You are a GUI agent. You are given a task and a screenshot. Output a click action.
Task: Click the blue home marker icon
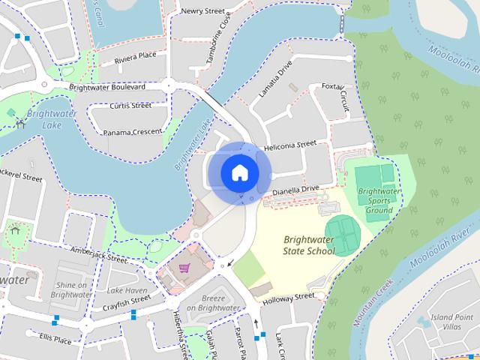[240, 172]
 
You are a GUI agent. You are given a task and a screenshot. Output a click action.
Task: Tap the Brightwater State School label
[309, 245]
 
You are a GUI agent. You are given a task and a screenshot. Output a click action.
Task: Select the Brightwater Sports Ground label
[375, 200]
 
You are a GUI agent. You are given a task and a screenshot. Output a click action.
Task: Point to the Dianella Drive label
[295, 191]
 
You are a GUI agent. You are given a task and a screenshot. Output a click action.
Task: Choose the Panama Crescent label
[132, 132]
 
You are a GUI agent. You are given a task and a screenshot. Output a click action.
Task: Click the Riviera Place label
[135, 56]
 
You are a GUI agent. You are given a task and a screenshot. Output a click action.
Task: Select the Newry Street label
[202, 11]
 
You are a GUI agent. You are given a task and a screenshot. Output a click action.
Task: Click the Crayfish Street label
[128, 301]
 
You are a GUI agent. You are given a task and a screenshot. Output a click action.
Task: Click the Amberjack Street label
[97, 254]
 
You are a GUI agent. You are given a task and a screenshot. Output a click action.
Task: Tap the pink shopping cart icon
[183, 268]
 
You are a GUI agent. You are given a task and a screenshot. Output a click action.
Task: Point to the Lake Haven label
[127, 289]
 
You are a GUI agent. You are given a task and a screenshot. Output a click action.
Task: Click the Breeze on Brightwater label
[213, 303]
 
